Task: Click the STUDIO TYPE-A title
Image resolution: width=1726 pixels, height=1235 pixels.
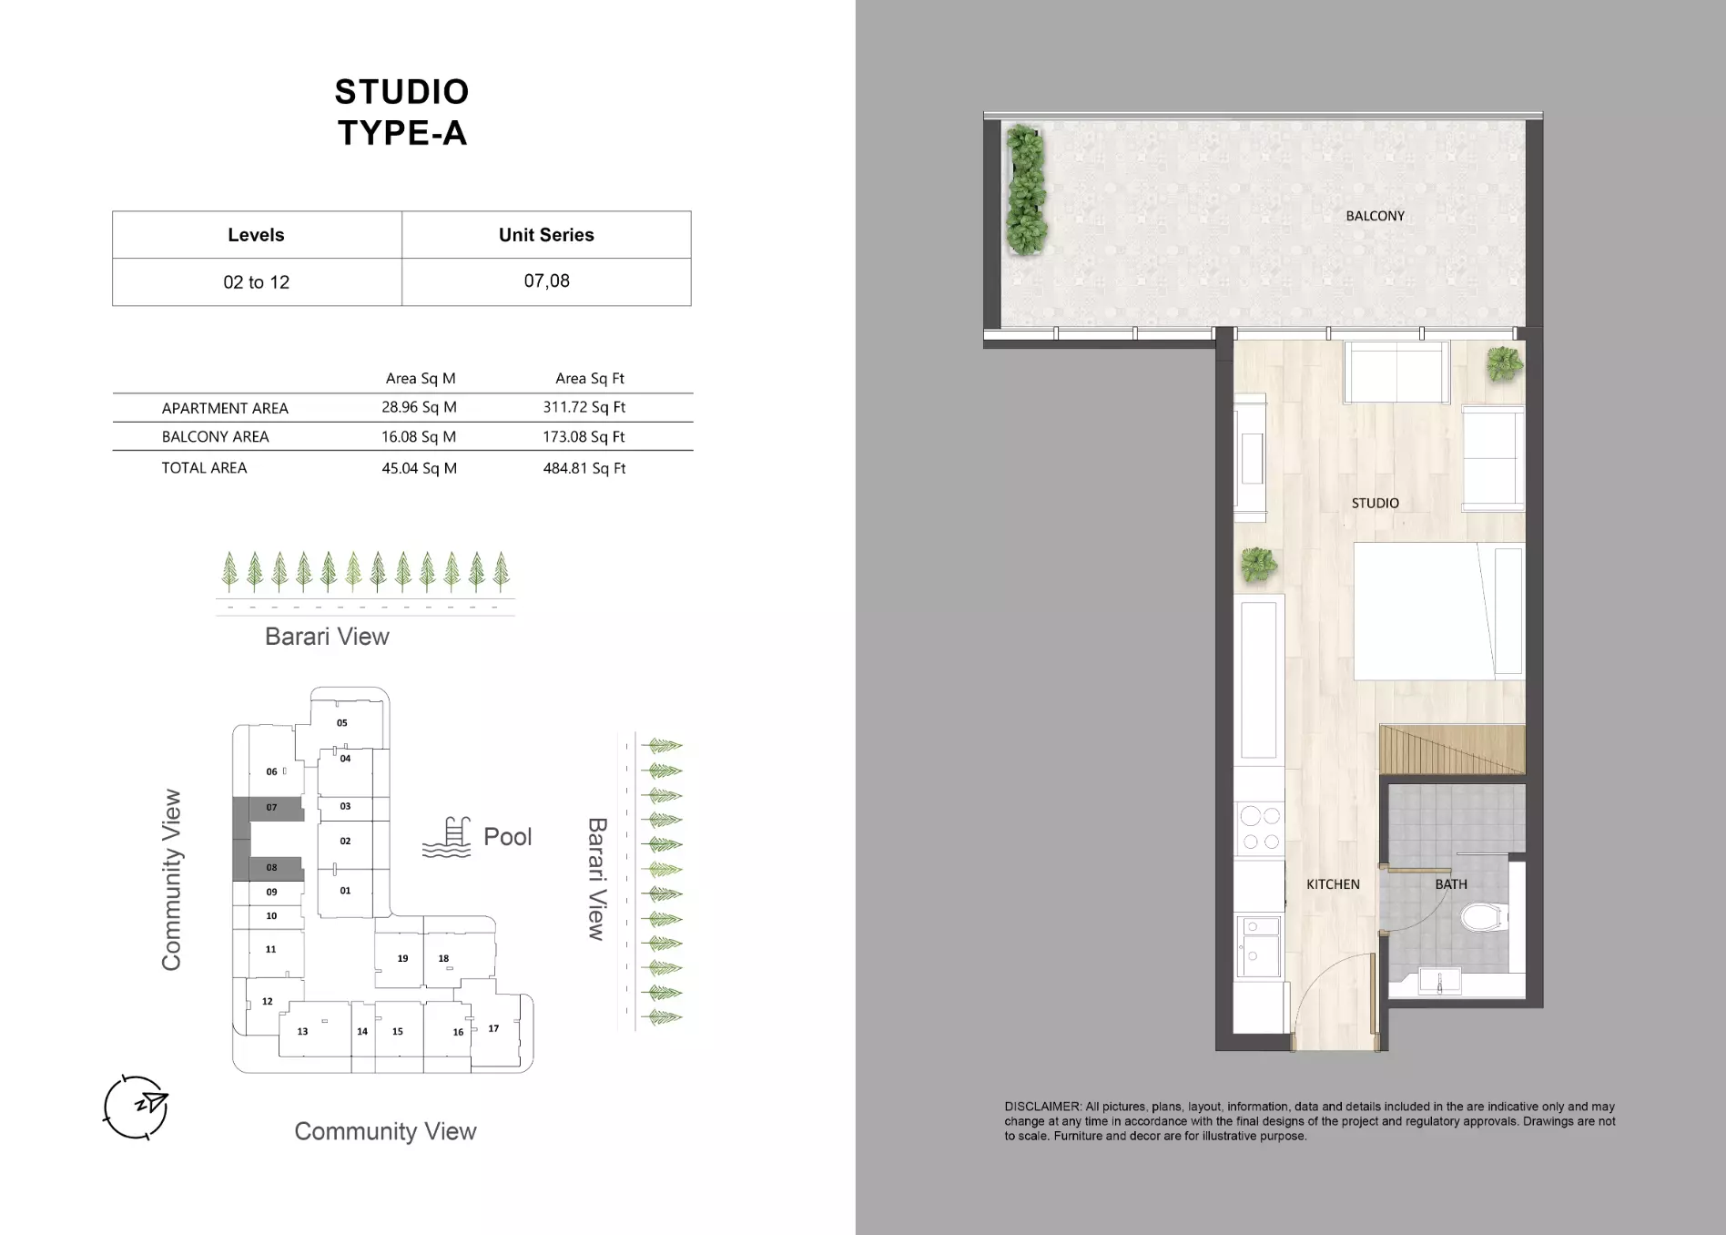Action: pos(401,112)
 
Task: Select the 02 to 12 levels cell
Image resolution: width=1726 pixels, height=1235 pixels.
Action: pos(256,282)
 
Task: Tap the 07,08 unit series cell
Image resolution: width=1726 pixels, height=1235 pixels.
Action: pos(546,281)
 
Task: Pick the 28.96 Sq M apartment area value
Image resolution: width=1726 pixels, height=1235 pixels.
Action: pos(419,407)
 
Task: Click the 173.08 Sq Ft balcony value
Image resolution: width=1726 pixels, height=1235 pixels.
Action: pos(584,437)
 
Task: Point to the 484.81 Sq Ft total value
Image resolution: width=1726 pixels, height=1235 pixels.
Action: pos(584,468)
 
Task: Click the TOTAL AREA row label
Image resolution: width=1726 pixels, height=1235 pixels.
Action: pos(204,468)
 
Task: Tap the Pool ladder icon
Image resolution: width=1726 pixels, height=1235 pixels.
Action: pos(447,837)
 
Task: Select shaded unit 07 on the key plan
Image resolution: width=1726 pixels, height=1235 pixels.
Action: pos(269,808)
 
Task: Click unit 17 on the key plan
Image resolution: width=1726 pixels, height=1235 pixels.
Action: pos(493,1029)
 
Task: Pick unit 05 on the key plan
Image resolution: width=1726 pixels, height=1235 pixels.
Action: pos(342,723)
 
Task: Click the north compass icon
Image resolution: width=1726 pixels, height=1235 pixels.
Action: pos(137,1107)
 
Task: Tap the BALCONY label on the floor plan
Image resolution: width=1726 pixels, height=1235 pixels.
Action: pos(1375,216)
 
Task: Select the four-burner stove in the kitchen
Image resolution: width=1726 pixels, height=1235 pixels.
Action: pos(1260,829)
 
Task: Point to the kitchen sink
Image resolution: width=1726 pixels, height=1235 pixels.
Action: pos(1259,947)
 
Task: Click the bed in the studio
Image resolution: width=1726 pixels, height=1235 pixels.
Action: pos(1438,611)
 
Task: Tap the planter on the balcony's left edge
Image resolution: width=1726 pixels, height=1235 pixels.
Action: pos(1025,190)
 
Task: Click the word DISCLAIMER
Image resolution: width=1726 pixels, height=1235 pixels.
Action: pos(1042,1107)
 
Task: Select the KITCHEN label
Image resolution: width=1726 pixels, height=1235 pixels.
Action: pos(1333,884)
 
